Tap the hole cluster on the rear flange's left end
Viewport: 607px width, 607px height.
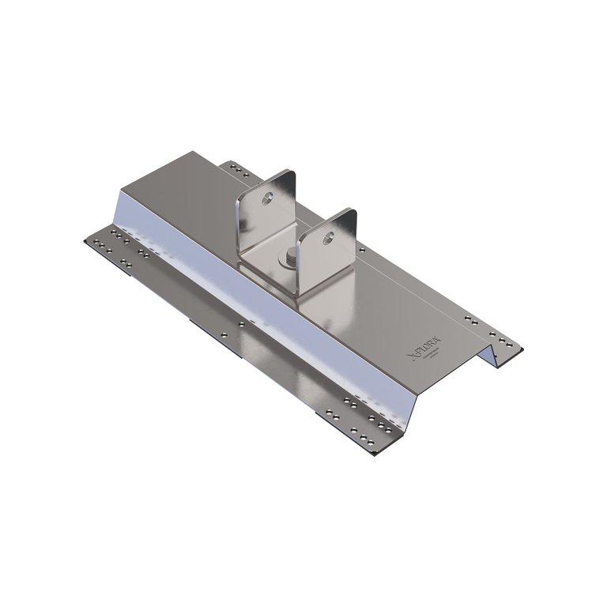(x=236, y=169)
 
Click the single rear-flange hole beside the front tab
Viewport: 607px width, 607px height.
(x=362, y=250)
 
